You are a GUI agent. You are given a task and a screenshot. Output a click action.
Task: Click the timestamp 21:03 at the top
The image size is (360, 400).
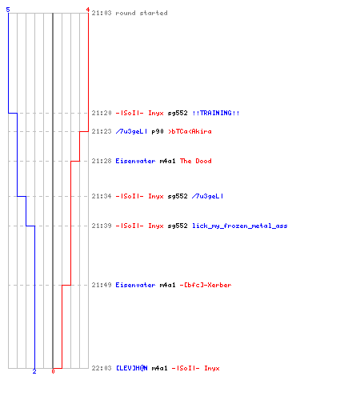click(102, 13)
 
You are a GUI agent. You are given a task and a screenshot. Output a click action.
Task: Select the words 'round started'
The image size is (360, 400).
click(142, 13)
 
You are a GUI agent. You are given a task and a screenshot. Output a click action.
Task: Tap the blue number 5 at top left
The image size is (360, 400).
click(8, 10)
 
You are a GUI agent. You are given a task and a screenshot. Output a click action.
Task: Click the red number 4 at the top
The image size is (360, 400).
click(87, 10)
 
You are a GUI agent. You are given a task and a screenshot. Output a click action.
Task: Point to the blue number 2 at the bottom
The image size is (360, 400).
click(34, 371)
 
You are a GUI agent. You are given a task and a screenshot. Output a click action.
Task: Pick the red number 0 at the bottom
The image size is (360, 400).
click(53, 371)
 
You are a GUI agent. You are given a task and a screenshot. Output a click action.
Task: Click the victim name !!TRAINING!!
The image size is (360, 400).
click(216, 113)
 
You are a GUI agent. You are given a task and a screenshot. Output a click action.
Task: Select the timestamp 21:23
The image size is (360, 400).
click(102, 131)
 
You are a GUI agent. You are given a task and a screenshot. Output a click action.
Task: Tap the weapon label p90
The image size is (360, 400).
click(158, 131)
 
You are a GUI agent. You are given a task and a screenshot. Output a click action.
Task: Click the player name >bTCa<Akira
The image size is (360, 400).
click(190, 131)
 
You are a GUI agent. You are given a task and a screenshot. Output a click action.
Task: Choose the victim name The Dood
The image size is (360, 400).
click(196, 161)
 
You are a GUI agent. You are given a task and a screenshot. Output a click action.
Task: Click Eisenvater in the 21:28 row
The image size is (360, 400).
click(135, 161)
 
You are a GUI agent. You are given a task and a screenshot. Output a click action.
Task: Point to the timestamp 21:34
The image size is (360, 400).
click(102, 196)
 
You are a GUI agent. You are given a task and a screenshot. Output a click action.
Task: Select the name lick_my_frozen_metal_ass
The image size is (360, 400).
click(240, 226)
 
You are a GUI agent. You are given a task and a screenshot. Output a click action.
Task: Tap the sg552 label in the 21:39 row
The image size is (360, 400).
click(178, 226)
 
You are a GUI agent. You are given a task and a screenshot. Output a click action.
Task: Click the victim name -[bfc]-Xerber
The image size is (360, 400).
click(206, 285)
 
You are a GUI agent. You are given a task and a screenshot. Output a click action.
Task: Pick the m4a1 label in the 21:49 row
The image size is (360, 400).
click(168, 285)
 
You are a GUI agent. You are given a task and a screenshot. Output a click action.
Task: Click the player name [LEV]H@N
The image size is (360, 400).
click(132, 368)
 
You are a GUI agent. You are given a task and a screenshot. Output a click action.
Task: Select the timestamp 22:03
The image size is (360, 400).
click(102, 368)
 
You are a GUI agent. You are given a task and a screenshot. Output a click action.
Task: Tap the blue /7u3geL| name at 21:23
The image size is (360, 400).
click(131, 131)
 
